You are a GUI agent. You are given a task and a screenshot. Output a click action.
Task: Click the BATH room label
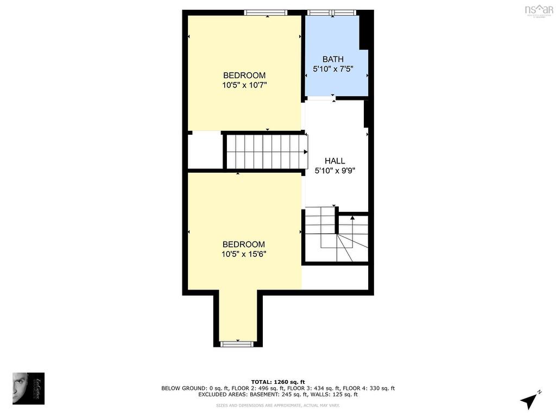point(333,59)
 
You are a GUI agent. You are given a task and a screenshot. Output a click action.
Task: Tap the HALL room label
point(334,161)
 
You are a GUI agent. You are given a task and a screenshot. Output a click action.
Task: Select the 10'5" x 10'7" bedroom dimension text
point(244,85)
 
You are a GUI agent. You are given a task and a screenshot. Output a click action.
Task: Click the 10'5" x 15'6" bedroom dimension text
point(244,254)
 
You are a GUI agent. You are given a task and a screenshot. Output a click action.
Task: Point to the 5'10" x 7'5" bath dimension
point(333,69)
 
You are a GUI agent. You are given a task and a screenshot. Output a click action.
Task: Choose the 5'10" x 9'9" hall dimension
point(335,170)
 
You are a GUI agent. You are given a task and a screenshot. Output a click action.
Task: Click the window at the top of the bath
point(332,12)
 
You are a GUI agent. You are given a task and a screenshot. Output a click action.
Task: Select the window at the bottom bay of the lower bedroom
point(237,343)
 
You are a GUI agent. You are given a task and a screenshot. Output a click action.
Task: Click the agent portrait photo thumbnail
point(28,388)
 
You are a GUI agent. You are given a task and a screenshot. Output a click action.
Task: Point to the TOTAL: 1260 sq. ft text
point(277,382)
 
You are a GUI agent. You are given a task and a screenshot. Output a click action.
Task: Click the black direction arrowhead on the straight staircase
point(306,152)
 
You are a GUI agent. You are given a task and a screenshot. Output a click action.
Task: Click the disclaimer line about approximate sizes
point(277,406)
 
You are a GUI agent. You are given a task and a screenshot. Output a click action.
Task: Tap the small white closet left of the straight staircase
point(205,151)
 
